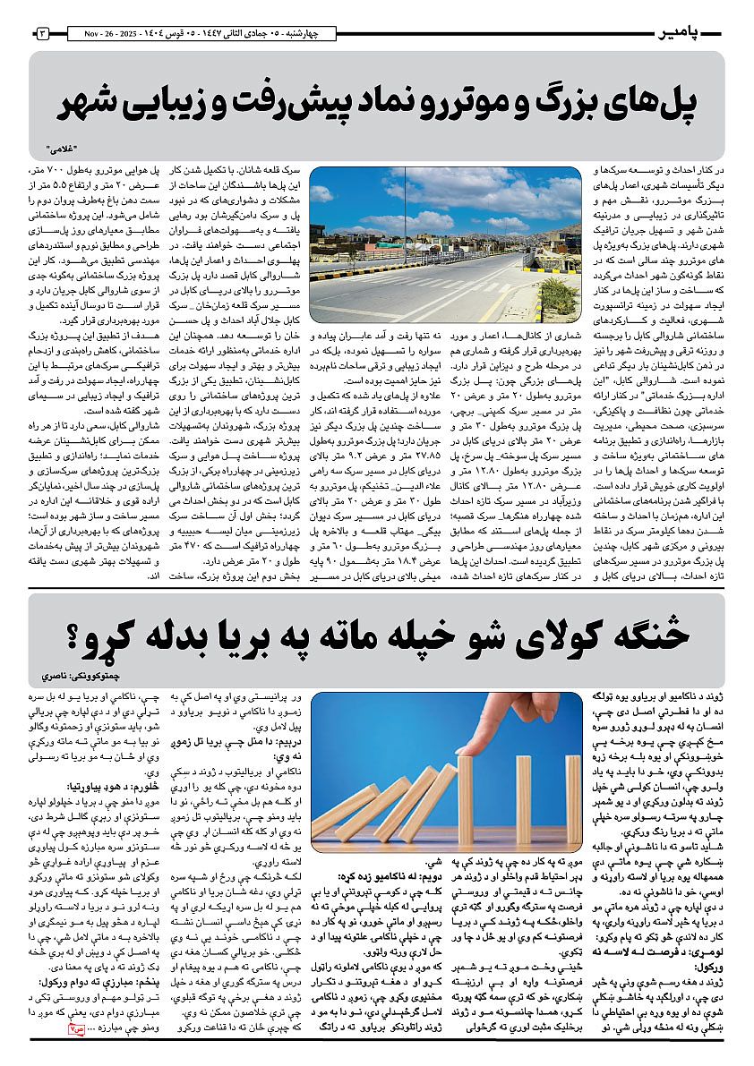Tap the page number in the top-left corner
(42, 34)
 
